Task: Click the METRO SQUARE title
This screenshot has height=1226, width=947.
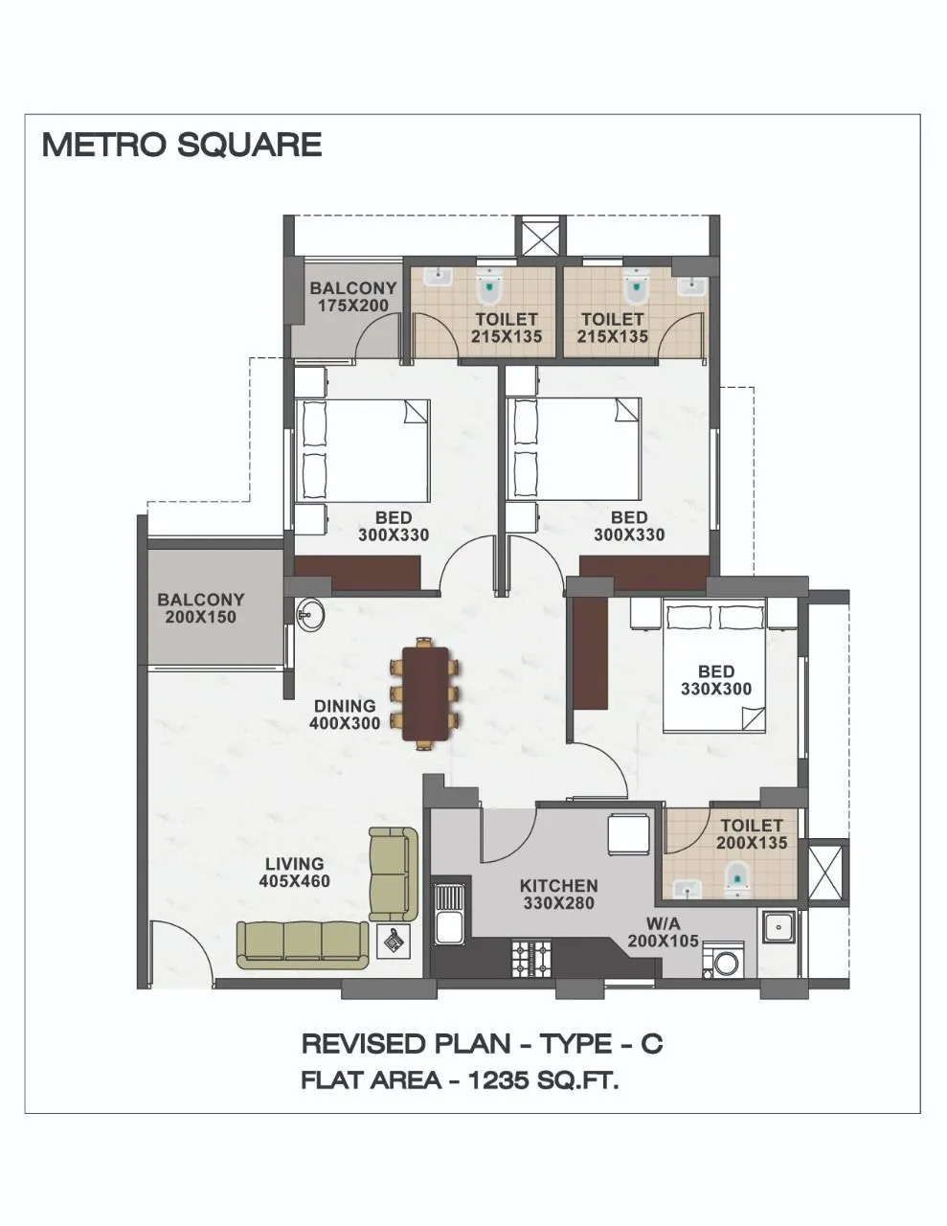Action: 182,145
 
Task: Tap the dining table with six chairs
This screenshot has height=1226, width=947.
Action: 426,694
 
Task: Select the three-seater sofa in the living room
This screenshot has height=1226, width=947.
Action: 303,943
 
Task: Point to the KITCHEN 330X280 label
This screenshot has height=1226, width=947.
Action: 558,894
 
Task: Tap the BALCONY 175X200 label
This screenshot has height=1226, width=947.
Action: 352,297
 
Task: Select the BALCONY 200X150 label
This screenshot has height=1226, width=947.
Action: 201,608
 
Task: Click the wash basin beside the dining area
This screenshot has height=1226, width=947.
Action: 310,614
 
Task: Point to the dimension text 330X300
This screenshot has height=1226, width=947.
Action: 715,689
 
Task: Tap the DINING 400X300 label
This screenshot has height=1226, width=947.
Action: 345,715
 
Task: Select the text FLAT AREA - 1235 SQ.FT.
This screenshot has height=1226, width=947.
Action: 460,1080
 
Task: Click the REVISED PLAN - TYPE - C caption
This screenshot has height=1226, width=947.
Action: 482,1043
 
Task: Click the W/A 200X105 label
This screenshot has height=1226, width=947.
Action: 663,933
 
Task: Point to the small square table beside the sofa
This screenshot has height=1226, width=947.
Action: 394,942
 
